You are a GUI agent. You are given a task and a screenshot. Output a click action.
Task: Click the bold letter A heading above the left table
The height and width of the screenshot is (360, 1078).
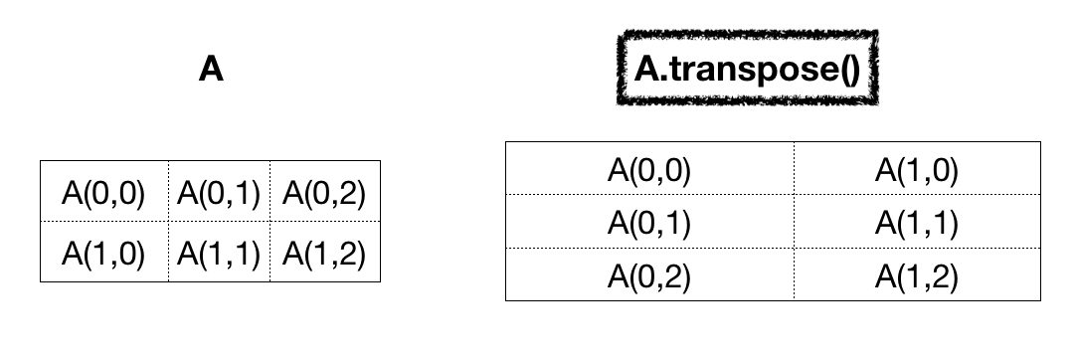pyautogui.click(x=210, y=70)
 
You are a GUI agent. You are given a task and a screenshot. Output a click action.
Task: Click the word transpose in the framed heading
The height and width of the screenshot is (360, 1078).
pyautogui.click(x=754, y=70)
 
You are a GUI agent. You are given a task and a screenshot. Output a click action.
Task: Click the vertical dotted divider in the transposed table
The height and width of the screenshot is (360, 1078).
pyautogui.click(x=794, y=221)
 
